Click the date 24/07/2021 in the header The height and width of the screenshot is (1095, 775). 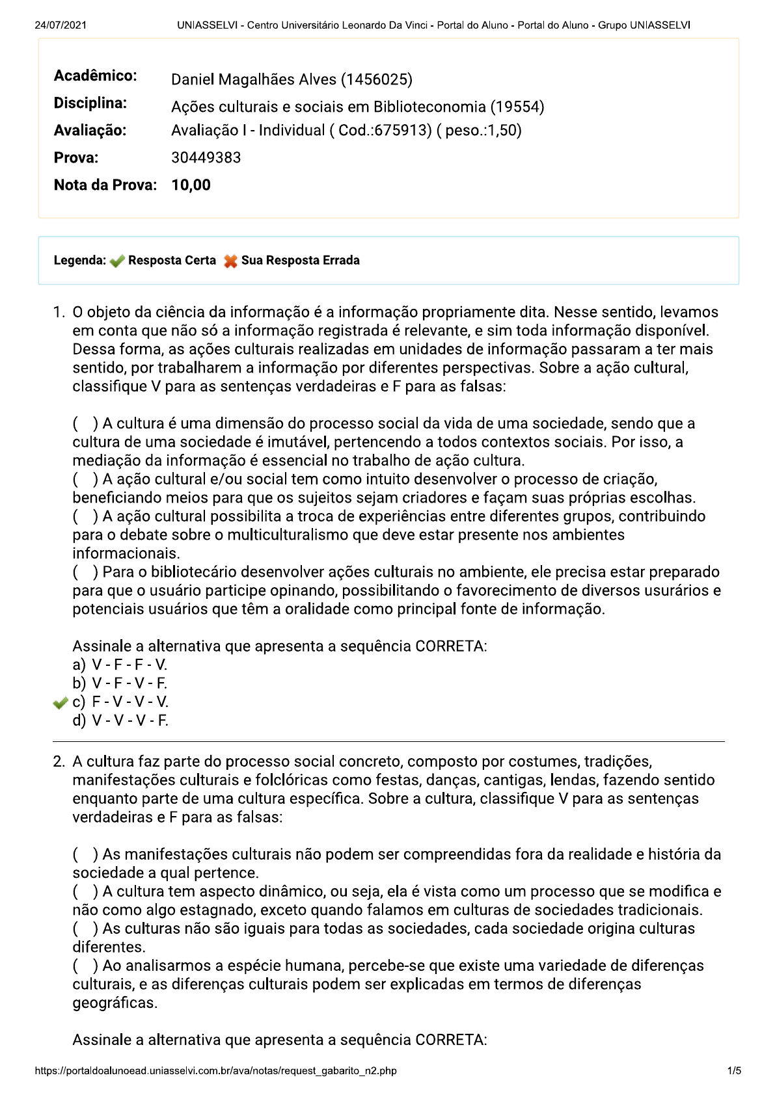(x=61, y=25)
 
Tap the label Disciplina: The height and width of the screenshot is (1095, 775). (x=90, y=103)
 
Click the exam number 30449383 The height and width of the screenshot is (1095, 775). (x=206, y=158)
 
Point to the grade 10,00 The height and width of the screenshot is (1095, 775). (x=191, y=185)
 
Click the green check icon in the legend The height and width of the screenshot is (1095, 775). (x=117, y=261)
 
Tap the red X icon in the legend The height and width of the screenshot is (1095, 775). (x=230, y=261)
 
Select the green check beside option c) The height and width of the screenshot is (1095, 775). (x=61, y=703)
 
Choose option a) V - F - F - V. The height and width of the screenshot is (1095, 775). (x=120, y=665)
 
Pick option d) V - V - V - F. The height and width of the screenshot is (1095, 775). (x=120, y=720)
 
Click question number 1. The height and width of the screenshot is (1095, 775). (x=59, y=313)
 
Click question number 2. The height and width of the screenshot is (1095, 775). (x=59, y=761)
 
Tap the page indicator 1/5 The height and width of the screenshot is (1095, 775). (x=734, y=1071)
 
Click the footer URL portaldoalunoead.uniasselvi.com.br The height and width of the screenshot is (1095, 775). (x=215, y=1071)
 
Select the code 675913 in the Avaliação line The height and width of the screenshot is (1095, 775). (x=401, y=131)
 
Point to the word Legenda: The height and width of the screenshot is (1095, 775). (x=79, y=261)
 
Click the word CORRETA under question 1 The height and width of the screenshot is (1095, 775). (x=450, y=646)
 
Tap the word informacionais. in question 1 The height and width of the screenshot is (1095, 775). (x=126, y=553)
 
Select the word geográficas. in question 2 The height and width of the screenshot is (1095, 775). (x=115, y=1003)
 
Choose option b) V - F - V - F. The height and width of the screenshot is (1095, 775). (x=120, y=683)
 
